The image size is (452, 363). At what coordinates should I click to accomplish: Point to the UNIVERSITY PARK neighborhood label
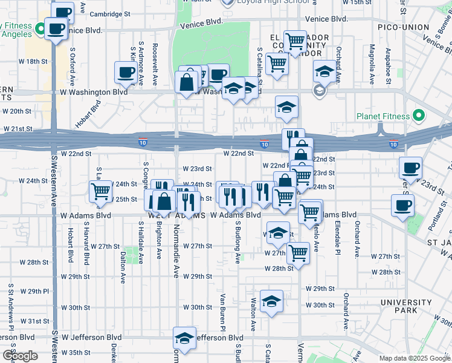[405, 306]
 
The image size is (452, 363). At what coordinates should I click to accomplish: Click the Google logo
[20, 356]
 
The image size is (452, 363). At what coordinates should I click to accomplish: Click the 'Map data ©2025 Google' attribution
[415, 358]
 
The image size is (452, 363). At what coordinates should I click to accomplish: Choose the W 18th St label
[33, 62]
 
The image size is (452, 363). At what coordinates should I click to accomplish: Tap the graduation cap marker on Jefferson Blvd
[185, 337]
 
